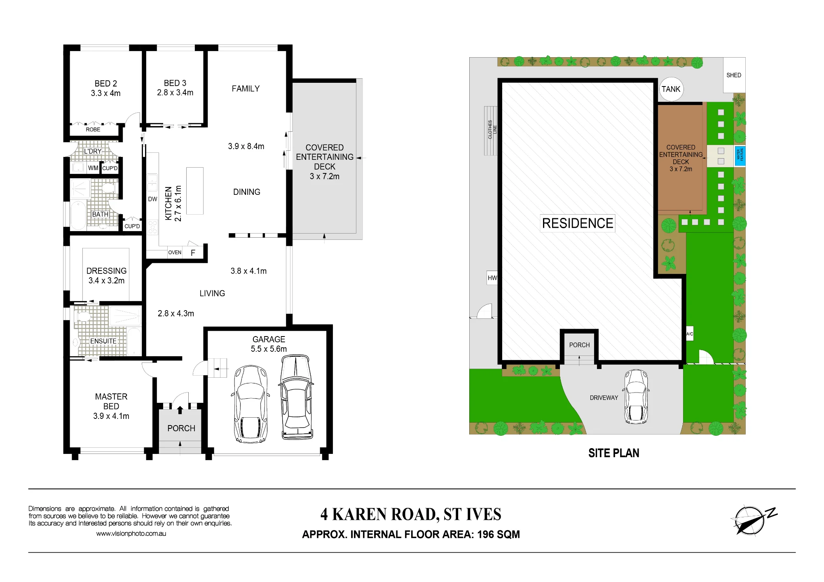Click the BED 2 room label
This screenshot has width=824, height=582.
click(106, 84)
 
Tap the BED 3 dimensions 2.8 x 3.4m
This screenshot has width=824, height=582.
click(175, 93)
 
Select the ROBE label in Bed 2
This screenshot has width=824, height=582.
click(93, 129)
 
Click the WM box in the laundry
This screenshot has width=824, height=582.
click(93, 168)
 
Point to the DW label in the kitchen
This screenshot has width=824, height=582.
click(152, 199)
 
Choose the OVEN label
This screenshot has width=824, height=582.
click(175, 252)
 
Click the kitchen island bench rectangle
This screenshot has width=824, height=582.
click(195, 191)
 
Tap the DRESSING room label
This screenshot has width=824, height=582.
click(106, 271)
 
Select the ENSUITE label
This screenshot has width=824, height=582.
click(103, 341)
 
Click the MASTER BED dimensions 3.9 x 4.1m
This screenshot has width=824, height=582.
click(111, 416)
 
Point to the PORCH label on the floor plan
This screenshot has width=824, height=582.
click(181, 428)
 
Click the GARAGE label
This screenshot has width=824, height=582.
click(269, 339)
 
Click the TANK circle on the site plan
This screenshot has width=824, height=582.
click(671, 89)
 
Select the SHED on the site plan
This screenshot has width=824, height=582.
click(734, 75)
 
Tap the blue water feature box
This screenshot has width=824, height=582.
click(740, 156)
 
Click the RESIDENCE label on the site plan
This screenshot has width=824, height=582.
click(578, 223)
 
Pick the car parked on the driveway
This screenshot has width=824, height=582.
click(636, 397)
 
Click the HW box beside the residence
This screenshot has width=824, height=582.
click(492, 278)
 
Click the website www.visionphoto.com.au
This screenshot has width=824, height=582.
click(131, 533)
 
